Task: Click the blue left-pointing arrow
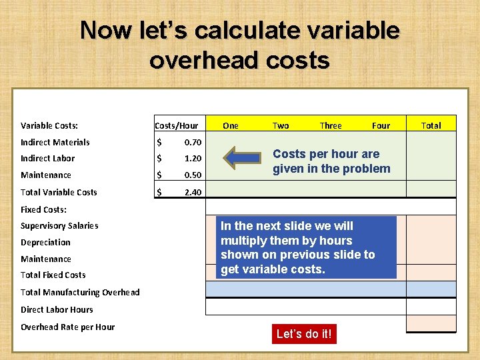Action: coord(243,158)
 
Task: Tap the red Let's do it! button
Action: coord(303,334)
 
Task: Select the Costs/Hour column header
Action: coord(176,125)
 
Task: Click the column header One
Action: coord(231,125)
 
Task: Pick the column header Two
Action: coord(281,125)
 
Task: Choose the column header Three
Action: coord(331,125)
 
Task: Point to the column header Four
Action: coord(381,125)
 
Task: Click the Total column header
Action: coord(431,125)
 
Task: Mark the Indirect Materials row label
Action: coord(55,142)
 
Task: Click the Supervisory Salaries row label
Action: coord(59,226)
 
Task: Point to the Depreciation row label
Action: coord(45,243)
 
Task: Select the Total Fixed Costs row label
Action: coord(53,275)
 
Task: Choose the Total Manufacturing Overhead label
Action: coord(80,292)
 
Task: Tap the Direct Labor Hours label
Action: coord(57,309)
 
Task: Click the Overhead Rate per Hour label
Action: coord(67,327)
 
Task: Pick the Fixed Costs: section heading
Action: coord(43,209)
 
